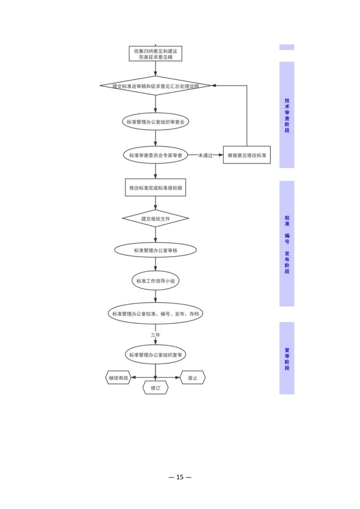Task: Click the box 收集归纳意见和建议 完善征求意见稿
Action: coord(156,54)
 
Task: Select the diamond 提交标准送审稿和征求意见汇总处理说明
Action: coord(156,86)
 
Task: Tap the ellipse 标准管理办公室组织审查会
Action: coord(156,122)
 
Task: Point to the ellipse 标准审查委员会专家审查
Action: coord(156,155)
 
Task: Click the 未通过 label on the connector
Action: coord(205,156)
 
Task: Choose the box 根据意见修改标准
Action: coord(247,155)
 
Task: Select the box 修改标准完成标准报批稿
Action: coord(156,188)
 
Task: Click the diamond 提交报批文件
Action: coord(156,218)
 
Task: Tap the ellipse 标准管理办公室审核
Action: coord(156,250)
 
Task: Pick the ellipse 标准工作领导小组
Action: coord(156,281)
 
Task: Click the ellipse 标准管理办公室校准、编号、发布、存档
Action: coord(156,314)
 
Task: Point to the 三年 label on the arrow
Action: coord(156,335)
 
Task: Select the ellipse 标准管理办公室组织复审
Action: coord(156,355)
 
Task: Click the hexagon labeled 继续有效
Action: coord(119,378)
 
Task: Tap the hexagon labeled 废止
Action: coord(193,378)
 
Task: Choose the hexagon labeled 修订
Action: coord(156,388)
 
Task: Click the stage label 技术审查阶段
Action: coord(287,115)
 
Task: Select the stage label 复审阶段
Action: coord(287,359)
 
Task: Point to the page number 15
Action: coord(180,477)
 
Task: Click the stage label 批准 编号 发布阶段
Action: coord(287,245)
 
